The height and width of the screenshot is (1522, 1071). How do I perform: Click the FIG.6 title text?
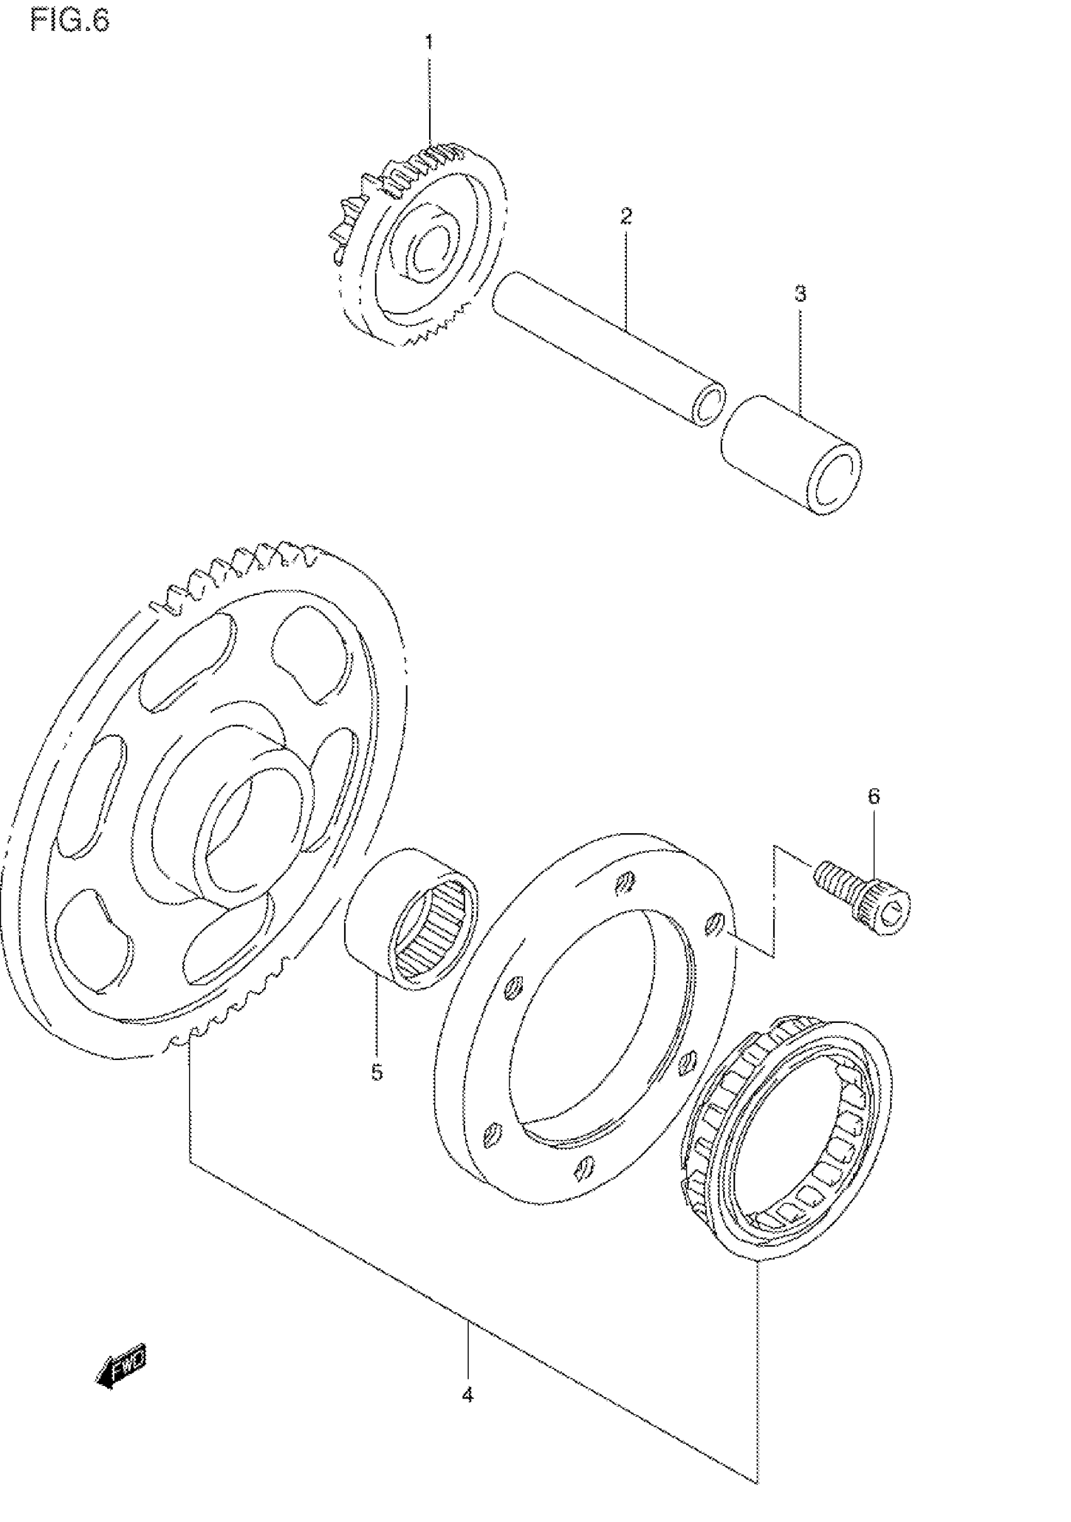tap(69, 21)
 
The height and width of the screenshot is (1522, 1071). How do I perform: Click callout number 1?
tap(429, 43)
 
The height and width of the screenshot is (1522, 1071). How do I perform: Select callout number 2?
tap(626, 216)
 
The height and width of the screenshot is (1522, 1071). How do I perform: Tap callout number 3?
tap(801, 294)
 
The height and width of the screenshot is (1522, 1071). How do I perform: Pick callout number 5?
tap(377, 1072)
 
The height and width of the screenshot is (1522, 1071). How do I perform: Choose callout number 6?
tap(874, 796)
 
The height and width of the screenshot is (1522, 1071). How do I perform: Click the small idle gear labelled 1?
tap(424, 245)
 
